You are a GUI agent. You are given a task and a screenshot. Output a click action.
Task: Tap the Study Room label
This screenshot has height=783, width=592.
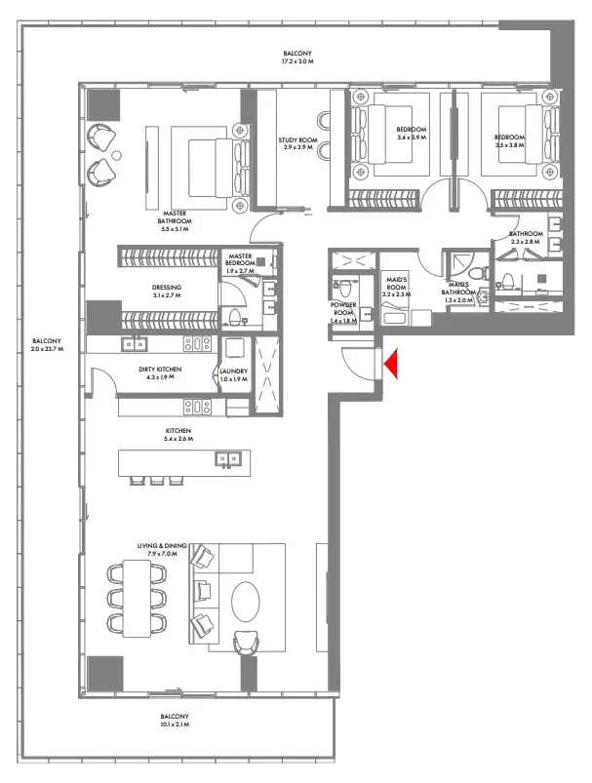point(294,142)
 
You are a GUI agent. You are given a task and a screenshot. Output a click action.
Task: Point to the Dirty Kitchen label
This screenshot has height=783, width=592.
point(163,372)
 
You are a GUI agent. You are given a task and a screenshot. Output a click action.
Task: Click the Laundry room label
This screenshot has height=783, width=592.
point(234,372)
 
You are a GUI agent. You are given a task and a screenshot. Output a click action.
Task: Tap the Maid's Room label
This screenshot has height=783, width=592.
point(395,283)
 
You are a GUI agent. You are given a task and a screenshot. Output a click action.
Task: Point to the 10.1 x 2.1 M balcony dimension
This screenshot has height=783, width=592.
point(177,726)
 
